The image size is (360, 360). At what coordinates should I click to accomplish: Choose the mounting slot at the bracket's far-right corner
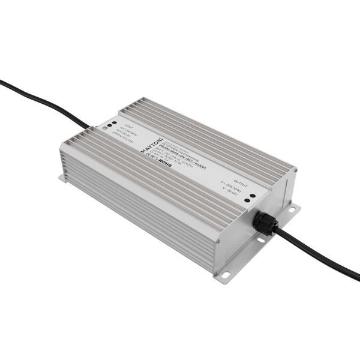click(x=296, y=208)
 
